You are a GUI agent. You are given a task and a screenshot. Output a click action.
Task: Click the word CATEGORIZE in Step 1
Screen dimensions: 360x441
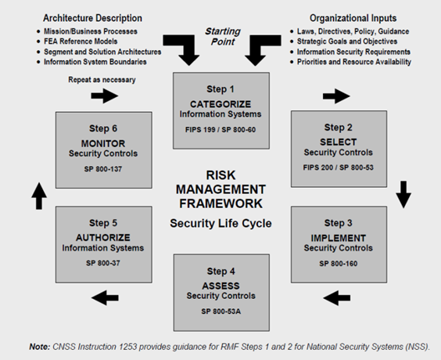click(x=220, y=104)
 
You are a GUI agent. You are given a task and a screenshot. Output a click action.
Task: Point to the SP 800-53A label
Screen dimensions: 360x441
click(x=220, y=311)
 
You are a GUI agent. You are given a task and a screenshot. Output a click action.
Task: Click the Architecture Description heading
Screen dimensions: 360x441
click(x=93, y=17)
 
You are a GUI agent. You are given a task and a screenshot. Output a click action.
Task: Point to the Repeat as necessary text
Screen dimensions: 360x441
click(x=91, y=78)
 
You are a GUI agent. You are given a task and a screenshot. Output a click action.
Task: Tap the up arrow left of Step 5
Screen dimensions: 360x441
click(x=39, y=195)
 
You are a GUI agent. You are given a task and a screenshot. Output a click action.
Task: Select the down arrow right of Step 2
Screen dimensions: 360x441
click(x=403, y=193)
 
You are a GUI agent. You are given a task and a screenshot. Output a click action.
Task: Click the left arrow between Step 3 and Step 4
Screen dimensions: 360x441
click(x=336, y=297)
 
